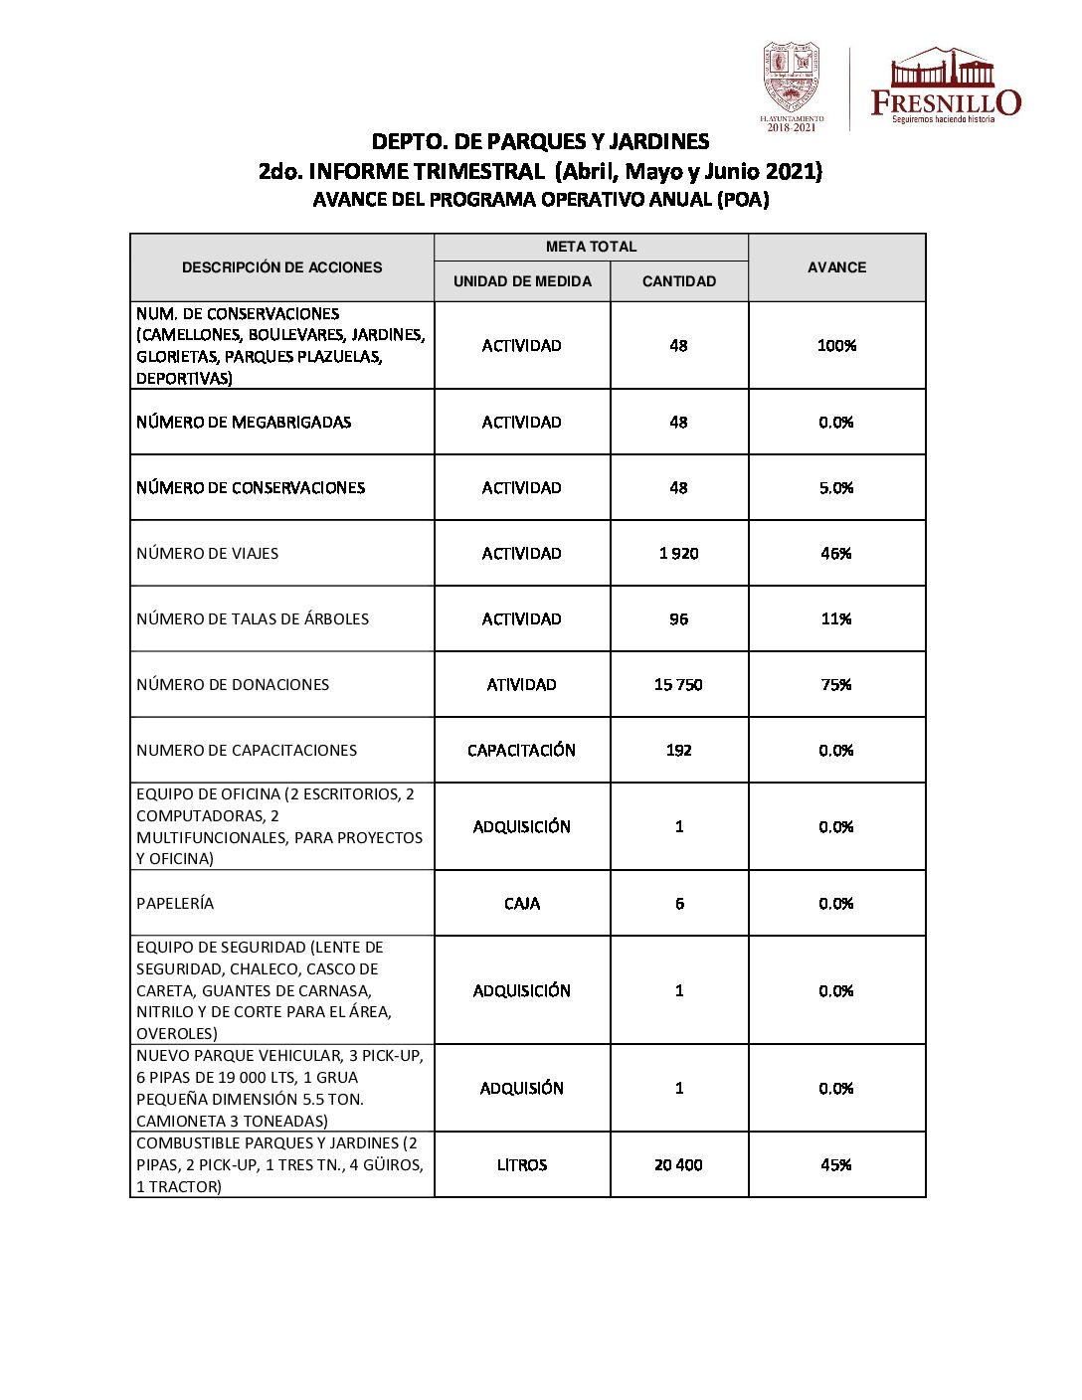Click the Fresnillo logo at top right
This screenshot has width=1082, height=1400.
coord(945,87)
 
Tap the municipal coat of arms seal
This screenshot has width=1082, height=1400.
coord(791,80)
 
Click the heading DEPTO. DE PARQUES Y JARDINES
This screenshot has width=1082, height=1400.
coord(540,141)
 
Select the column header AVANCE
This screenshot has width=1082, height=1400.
coord(836,267)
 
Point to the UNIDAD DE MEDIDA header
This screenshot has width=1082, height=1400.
coord(522,281)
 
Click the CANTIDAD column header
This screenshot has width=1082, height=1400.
coord(679,281)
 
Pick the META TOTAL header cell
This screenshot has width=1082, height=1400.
coord(591,247)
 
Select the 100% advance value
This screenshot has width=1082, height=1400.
coord(836,345)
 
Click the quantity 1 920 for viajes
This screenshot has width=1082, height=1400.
coord(679,553)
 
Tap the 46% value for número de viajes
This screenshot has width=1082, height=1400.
coord(836,553)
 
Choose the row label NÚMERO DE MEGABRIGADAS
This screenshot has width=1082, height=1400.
coord(244,422)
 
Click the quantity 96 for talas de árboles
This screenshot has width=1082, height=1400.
coord(679,618)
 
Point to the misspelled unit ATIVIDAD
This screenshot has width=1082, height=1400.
coord(522,684)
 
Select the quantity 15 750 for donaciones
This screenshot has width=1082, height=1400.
coord(679,684)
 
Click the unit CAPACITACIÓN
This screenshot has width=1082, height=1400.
coord(522,750)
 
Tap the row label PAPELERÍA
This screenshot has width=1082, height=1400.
coord(175,903)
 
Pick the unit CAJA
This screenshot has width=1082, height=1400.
coord(522,903)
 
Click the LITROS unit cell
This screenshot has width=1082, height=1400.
coord(522,1164)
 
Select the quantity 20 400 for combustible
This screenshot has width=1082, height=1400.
coord(679,1164)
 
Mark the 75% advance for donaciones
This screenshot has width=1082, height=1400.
coord(836,684)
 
